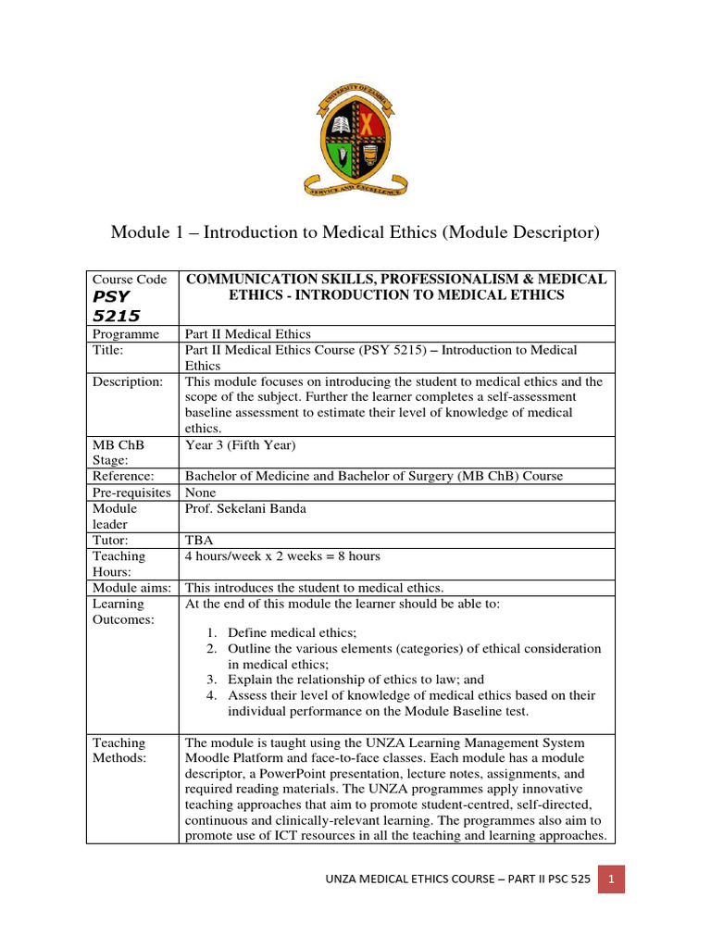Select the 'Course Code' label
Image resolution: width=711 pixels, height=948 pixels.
pyautogui.click(x=130, y=280)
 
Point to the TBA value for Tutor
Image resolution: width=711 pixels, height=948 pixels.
pyautogui.click(x=199, y=540)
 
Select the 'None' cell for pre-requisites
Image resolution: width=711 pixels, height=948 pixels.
pyautogui.click(x=201, y=493)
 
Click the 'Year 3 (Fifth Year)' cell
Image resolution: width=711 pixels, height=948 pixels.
pyautogui.click(x=240, y=444)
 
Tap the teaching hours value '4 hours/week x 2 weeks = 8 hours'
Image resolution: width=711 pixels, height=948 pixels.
pyautogui.click(x=282, y=555)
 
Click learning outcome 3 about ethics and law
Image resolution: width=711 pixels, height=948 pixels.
pyautogui.click(x=355, y=680)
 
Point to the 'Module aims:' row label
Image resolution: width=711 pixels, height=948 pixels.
pyautogui.click(x=131, y=587)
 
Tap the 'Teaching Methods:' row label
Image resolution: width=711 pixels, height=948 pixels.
pyautogui.click(x=119, y=750)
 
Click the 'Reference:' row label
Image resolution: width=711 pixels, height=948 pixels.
pyautogui.click(x=123, y=476)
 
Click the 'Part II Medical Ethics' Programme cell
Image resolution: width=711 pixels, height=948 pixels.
pyautogui.click(x=248, y=333)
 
